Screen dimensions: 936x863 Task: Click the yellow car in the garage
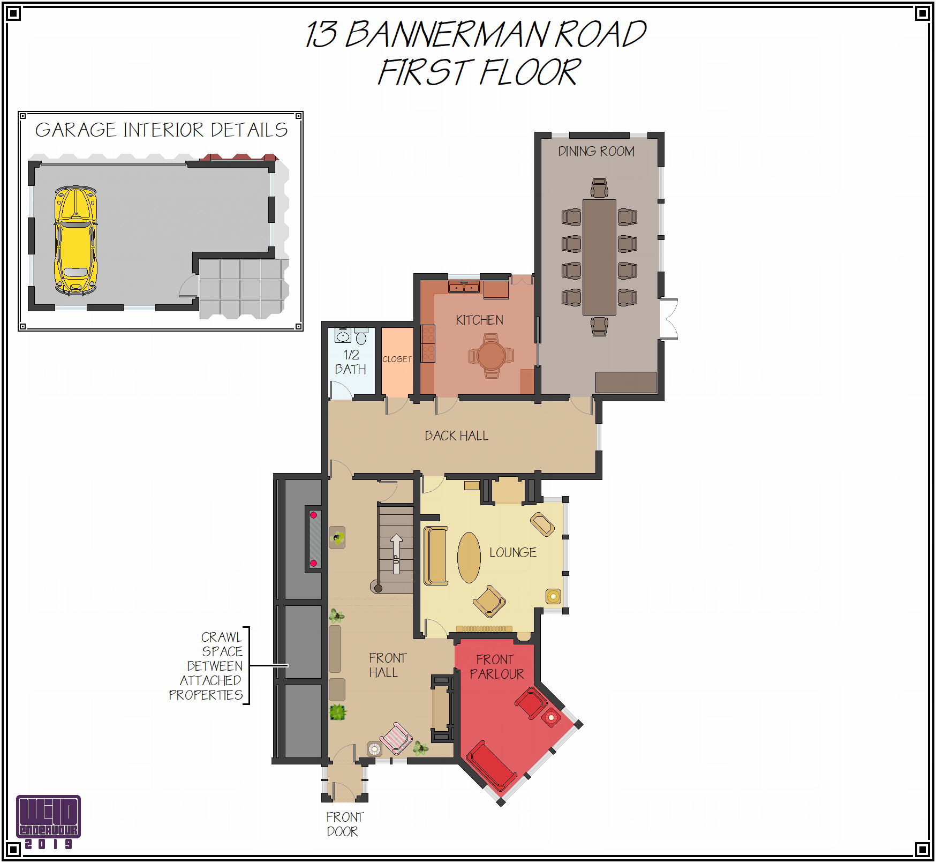76,241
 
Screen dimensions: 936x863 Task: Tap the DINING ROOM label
596,152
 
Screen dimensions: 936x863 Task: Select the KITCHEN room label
479,320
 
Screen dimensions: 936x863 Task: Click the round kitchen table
491,356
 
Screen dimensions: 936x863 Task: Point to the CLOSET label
397,359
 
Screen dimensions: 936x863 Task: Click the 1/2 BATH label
351,362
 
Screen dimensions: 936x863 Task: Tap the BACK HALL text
456,436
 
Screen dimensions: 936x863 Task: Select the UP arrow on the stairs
396,554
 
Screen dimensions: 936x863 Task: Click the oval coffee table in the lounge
469,557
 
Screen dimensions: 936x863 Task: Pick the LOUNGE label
512,552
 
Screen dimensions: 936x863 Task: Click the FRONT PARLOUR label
496,667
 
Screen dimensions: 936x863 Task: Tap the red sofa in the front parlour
490,766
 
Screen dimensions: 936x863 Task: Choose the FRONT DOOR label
344,824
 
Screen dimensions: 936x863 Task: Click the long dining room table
599,257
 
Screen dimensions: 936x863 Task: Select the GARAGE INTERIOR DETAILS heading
161,130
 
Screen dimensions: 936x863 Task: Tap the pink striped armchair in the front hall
396,738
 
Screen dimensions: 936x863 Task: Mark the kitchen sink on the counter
464,287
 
